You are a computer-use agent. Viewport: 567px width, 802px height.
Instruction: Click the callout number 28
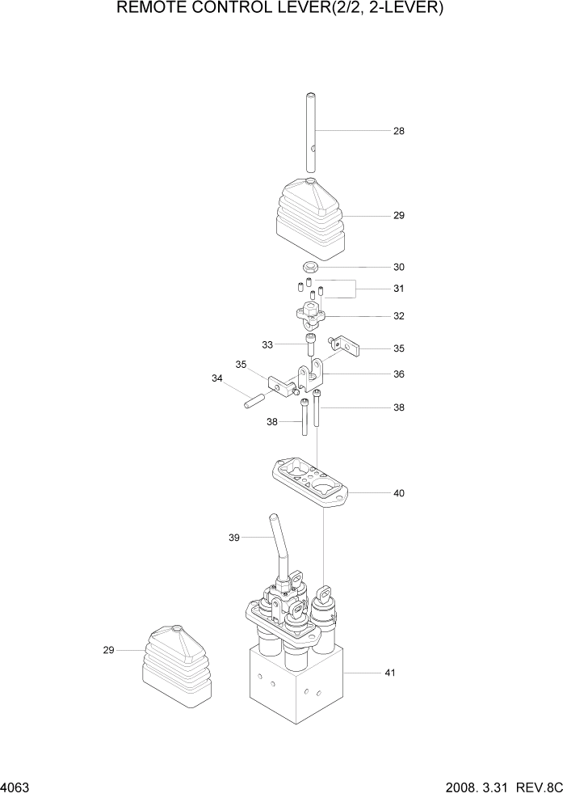(x=398, y=131)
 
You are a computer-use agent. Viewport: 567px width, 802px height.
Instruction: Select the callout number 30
(x=398, y=267)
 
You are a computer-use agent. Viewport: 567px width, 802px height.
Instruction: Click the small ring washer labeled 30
(x=311, y=267)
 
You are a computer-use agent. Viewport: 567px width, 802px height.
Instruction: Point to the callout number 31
(x=398, y=289)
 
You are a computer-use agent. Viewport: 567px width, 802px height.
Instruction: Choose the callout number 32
(x=398, y=316)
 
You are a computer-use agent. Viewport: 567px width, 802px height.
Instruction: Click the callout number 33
(x=267, y=344)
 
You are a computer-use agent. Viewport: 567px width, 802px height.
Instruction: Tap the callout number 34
(x=216, y=378)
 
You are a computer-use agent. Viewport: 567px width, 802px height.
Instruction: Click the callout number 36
(x=398, y=374)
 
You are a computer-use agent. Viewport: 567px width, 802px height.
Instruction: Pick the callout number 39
(x=234, y=538)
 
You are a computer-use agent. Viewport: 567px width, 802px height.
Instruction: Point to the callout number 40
(x=398, y=493)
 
